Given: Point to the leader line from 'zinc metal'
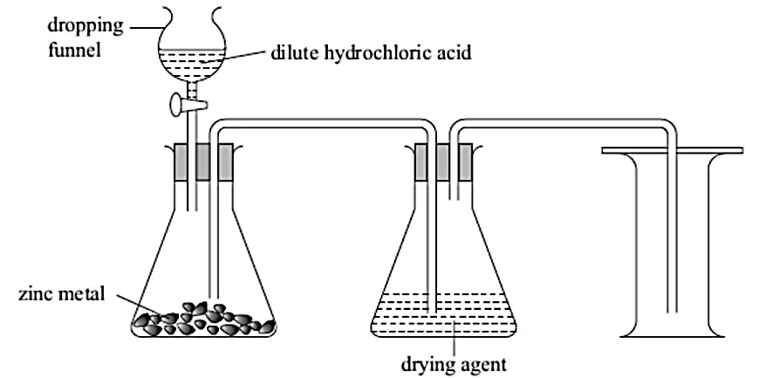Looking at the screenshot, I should coord(126,301).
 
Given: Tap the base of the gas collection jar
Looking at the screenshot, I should coord(673,332).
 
